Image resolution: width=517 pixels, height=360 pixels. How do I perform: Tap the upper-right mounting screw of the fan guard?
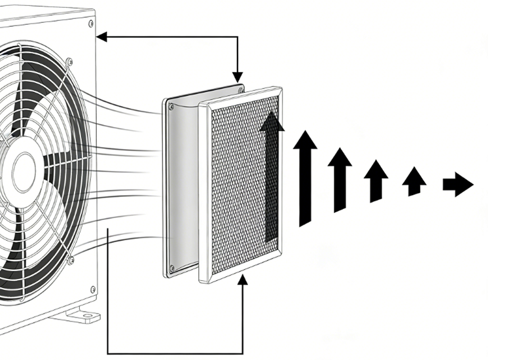click(69, 63)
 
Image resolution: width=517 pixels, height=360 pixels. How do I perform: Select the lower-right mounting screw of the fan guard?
click(70, 261)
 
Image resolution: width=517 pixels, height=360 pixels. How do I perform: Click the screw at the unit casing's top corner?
click(90, 23)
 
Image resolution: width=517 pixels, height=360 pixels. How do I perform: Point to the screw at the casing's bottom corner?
click(92, 289)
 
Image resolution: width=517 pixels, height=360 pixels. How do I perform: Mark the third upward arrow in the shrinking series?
click(376, 180)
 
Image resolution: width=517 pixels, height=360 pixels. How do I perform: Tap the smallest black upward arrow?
click(413, 181)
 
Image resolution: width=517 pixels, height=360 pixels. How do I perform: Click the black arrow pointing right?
click(458, 185)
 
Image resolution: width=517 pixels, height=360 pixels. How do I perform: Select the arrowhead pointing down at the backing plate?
click(238, 77)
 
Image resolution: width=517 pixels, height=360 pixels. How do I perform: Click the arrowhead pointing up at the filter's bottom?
click(243, 281)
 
